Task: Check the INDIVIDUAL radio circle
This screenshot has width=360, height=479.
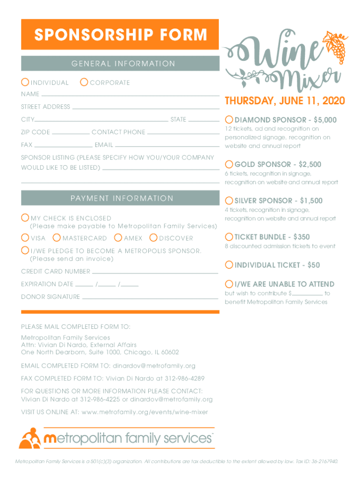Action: coord(25,82)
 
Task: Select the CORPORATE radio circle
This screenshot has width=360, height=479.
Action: coord(84,82)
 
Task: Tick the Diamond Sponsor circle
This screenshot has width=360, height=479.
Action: coord(229,120)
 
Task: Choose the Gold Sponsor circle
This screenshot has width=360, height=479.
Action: coord(229,164)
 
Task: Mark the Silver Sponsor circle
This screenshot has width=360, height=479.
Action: coord(229,200)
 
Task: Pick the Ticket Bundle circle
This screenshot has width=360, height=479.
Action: coord(229,237)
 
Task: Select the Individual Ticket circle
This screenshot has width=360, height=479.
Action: coord(229,265)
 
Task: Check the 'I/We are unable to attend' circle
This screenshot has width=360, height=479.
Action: coord(229,284)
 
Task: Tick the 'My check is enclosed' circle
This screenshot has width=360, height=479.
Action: coord(25,218)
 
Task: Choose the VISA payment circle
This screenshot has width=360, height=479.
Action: coord(25,238)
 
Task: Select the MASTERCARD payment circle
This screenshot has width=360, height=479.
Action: coord(57,238)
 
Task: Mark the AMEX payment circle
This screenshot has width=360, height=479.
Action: coord(118,238)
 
